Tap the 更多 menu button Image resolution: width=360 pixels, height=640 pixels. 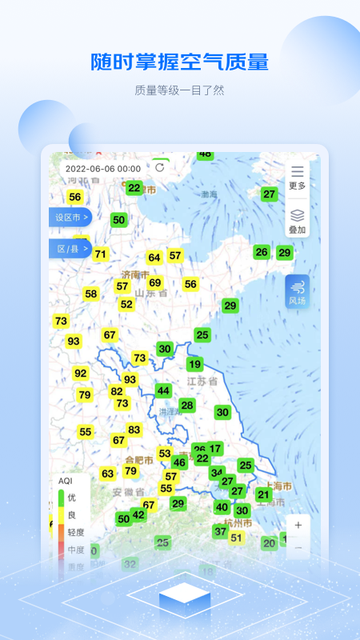coord(298,177)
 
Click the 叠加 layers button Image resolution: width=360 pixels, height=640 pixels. coord(298,221)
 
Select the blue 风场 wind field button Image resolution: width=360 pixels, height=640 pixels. coord(298,292)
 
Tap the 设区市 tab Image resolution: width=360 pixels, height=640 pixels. coord(70,217)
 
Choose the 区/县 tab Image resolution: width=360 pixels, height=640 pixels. coord(70,250)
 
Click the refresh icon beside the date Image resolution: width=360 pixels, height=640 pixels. coord(160,168)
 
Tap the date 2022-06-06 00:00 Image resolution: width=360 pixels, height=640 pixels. coord(103,169)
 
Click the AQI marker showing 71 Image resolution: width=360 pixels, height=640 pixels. coord(100,254)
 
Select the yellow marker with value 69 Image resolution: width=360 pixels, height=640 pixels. coord(155,282)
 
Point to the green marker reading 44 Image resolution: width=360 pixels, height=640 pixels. coord(163,390)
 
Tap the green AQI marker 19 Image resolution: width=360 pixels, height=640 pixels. coord(194,364)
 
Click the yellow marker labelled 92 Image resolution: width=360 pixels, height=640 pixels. coord(81,373)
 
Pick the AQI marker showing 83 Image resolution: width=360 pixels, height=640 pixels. coord(134,430)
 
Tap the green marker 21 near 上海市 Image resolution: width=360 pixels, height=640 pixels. coord(264,494)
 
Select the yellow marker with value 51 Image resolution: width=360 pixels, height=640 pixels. coord(236,538)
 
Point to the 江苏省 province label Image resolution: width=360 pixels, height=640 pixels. coord(202,382)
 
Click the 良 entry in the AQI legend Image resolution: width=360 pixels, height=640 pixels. coord(72,514)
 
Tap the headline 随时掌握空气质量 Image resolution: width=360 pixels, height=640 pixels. coord(180,62)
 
